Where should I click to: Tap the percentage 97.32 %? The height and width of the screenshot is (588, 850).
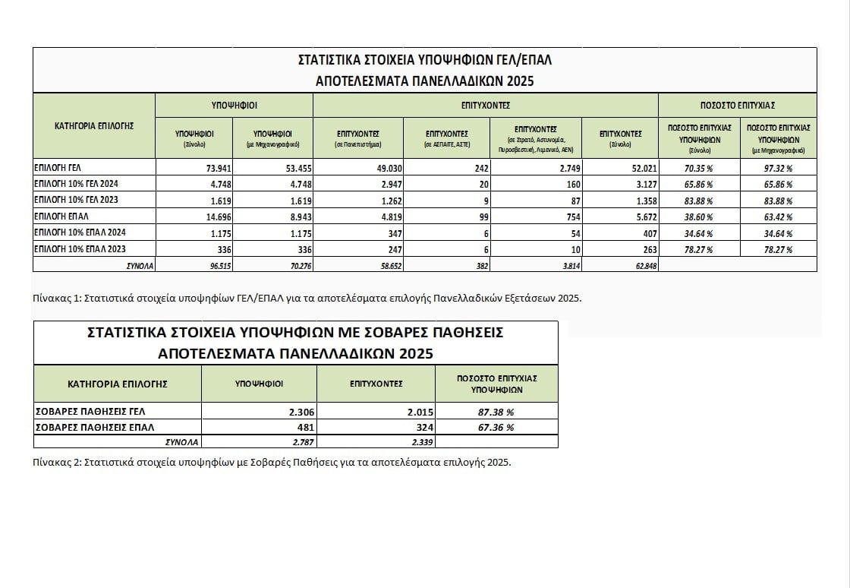pos(778,168)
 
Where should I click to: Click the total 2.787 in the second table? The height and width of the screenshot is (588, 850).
pos(301,441)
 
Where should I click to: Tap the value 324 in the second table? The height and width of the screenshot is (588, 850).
pos(420,427)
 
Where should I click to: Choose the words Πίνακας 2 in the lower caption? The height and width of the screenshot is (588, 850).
pos(55,462)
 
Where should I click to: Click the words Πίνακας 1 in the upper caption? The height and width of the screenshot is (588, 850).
pos(55,298)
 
